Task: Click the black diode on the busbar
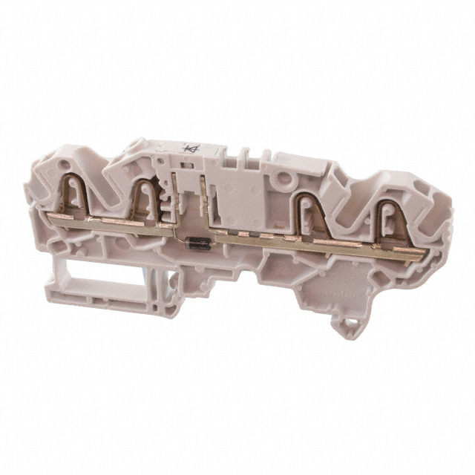196,240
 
